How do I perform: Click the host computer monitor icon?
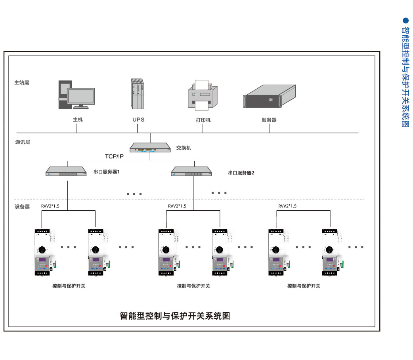coord(76,95)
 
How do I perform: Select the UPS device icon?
coord(138,94)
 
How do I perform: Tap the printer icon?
coord(203,95)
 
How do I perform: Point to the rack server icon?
coord(269,96)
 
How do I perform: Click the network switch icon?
coord(150,147)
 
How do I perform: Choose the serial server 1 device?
coord(66,171)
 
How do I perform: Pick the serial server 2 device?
coord(191,171)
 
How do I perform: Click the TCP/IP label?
coord(114,156)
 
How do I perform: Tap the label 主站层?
coord(21,83)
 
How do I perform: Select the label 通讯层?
coord(23,142)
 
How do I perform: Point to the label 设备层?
coord(22,207)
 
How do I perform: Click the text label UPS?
coord(139,120)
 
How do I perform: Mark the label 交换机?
coord(184,148)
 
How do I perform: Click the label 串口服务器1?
coord(107,172)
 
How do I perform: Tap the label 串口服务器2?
coord(241,173)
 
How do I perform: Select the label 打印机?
coord(203,120)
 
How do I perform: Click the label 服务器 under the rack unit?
coord(269,120)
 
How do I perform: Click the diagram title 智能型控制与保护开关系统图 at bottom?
coord(175,316)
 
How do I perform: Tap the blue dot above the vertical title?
coord(405,21)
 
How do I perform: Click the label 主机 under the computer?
coord(78,120)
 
